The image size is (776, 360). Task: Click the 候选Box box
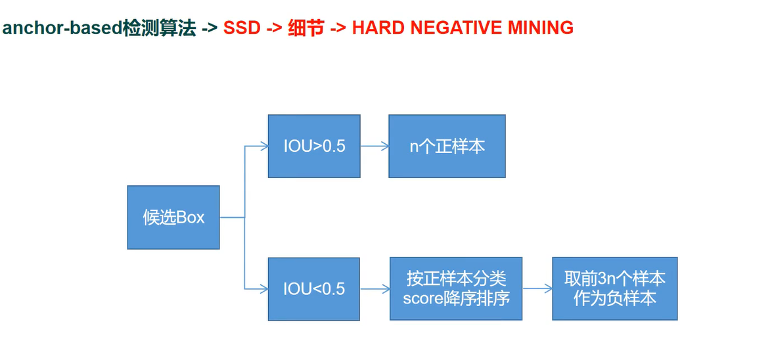pyautogui.click(x=173, y=217)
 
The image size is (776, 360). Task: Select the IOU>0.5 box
pyautogui.click(x=314, y=146)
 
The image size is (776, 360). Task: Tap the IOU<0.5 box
pyautogui.click(x=314, y=288)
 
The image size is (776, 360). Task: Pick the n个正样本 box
pyautogui.click(x=447, y=146)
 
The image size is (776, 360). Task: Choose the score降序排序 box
pyautogui.click(x=456, y=288)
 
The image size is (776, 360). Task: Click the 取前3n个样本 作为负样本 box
pyautogui.click(x=614, y=288)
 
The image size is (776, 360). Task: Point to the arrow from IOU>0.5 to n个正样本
pyautogui.click(x=374, y=146)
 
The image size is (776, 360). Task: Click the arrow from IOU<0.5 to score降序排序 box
pyautogui.click(x=375, y=288)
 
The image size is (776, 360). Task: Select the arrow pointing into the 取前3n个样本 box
pyautogui.click(x=537, y=288)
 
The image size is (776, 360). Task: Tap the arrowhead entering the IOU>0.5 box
pyautogui.click(x=263, y=146)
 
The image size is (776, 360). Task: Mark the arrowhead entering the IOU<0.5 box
pyautogui.click(x=263, y=288)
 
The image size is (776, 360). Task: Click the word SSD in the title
pyautogui.click(x=242, y=28)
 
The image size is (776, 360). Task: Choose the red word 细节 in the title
pyautogui.click(x=306, y=28)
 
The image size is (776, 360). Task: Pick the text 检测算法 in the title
pyautogui.click(x=159, y=29)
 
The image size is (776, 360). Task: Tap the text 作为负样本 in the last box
pyautogui.click(x=614, y=298)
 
